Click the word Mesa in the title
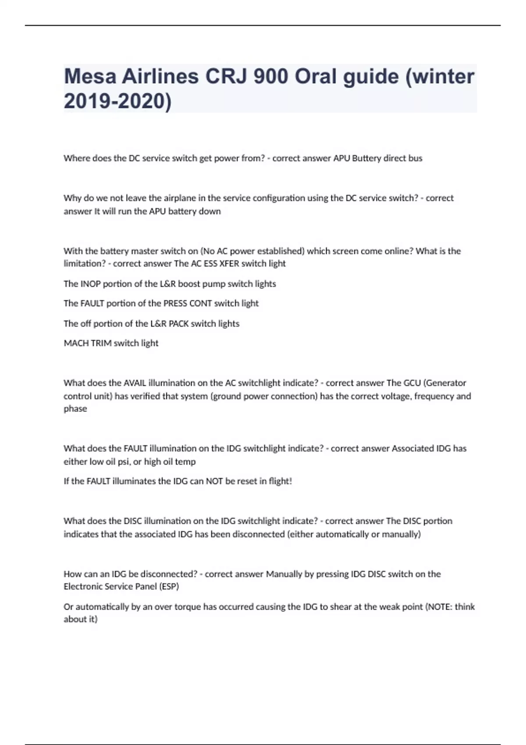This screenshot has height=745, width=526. click(x=89, y=77)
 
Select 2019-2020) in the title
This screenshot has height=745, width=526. click(x=117, y=101)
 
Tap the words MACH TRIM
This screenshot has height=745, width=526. click(x=88, y=343)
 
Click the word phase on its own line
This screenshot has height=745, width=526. click(x=75, y=409)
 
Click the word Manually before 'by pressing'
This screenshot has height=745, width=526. click(x=285, y=574)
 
